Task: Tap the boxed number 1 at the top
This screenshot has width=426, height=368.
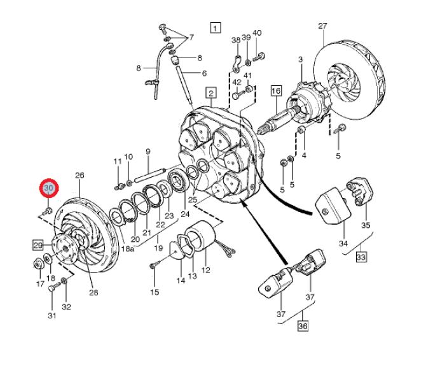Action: (x=216, y=27)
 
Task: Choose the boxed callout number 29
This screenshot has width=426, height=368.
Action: (x=38, y=245)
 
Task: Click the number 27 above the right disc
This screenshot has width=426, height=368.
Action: (x=322, y=26)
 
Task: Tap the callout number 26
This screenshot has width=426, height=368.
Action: (x=79, y=176)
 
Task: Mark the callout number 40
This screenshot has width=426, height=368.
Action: (x=257, y=33)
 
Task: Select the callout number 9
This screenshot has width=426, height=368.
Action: (x=148, y=152)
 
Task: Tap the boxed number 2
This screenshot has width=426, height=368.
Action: (x=210, y=92)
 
